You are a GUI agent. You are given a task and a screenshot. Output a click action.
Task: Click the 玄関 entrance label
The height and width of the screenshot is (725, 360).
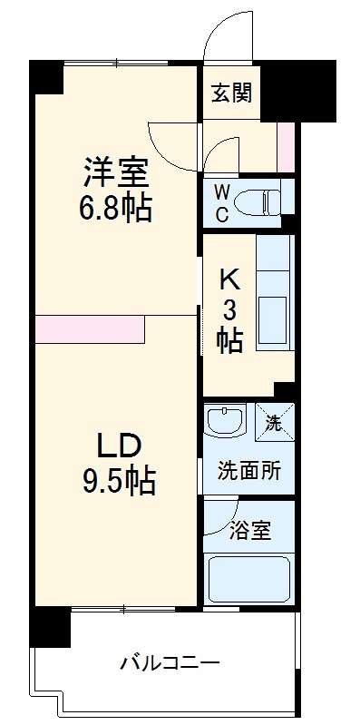tap(232, 92)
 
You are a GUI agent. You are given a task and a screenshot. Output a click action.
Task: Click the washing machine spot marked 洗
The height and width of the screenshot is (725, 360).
tap(273, 420)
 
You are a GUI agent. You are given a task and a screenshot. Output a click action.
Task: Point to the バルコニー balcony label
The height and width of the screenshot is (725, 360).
tap(170, 664)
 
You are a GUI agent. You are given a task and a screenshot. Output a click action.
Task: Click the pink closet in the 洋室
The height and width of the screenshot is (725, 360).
tap(90, 328)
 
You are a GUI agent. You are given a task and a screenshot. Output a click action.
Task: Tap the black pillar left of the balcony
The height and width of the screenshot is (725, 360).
tap(50, 627)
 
